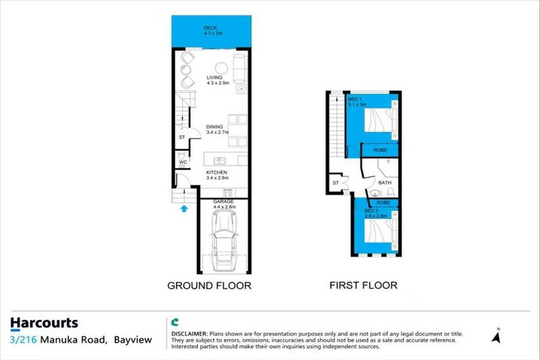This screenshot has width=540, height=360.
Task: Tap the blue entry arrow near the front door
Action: click(x=184, y=207)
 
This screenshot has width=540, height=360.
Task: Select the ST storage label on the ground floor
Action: click(x=181, y=138)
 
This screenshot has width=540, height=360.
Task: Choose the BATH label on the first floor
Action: click(x=385, y=182)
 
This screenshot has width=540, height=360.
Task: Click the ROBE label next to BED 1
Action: click(x=380, y=150)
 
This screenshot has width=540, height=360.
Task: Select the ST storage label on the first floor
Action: click(x=335, y=184)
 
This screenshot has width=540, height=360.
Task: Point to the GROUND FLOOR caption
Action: click(x=208, y=285)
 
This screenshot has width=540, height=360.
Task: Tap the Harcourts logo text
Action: click(x=44, y=323)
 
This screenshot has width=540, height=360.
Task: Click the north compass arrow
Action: click(x=497, y=337)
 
